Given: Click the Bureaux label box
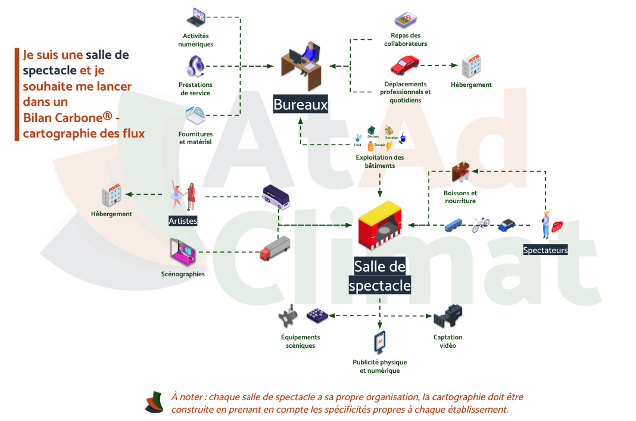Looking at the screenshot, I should pos(301,105).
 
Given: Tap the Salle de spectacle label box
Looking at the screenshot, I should pos(380,276).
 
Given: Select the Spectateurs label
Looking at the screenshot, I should pos(545,250).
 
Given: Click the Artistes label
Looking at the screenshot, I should pos(183,221).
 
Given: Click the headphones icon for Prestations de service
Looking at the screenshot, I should pos(195,66).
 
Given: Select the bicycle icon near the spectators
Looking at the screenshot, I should pos(481,225).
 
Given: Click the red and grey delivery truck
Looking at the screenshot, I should pos(275,248).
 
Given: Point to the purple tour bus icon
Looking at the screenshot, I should pos(277,197).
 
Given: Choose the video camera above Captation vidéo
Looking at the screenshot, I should pos(448,316).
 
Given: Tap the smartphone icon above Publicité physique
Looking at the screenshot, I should pos(379,343).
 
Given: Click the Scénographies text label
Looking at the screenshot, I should pos(183,275).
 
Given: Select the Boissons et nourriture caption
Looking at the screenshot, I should pos(460,197).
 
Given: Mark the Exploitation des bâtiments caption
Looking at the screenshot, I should pos(380,161).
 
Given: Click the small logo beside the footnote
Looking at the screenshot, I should pos(154,403).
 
